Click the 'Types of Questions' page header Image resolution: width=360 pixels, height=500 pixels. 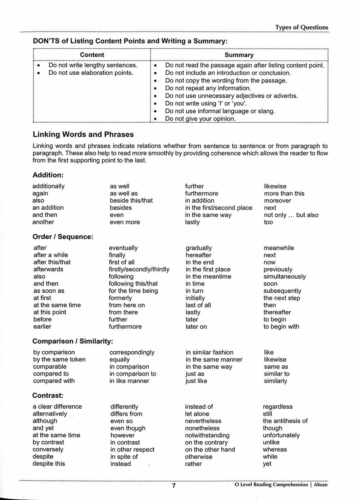coord(302,27)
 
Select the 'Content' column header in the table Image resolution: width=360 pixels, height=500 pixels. coord(92,55)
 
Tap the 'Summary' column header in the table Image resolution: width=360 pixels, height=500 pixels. coord(239,55)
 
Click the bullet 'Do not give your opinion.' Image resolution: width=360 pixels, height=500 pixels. coord(200,118)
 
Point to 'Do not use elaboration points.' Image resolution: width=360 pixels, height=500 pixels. coord(91,73)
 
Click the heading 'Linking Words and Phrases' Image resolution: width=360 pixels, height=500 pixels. coord(83,134)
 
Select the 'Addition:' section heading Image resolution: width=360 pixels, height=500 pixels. coord(48,175)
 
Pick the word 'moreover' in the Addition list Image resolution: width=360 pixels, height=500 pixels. coord(277,201)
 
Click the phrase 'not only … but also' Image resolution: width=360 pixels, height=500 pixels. coord(291,215)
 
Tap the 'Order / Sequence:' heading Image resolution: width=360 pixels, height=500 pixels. coord(63,237)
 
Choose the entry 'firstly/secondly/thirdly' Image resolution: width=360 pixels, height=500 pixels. coord(139,269)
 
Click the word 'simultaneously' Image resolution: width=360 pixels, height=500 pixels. coord(284,276)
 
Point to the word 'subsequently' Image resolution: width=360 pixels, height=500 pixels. coord(282,291)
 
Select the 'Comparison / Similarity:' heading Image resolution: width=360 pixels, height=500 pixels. coord(73,341)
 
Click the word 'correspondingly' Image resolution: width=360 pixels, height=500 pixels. coord(132,352)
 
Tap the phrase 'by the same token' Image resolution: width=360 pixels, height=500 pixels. coord(59,359)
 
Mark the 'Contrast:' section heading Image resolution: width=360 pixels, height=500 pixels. coord(48,395)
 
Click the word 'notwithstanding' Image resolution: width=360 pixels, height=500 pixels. coord(207,435)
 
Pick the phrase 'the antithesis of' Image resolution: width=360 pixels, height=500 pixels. coord(285,421)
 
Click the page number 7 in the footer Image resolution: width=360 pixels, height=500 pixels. coord(174,485)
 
